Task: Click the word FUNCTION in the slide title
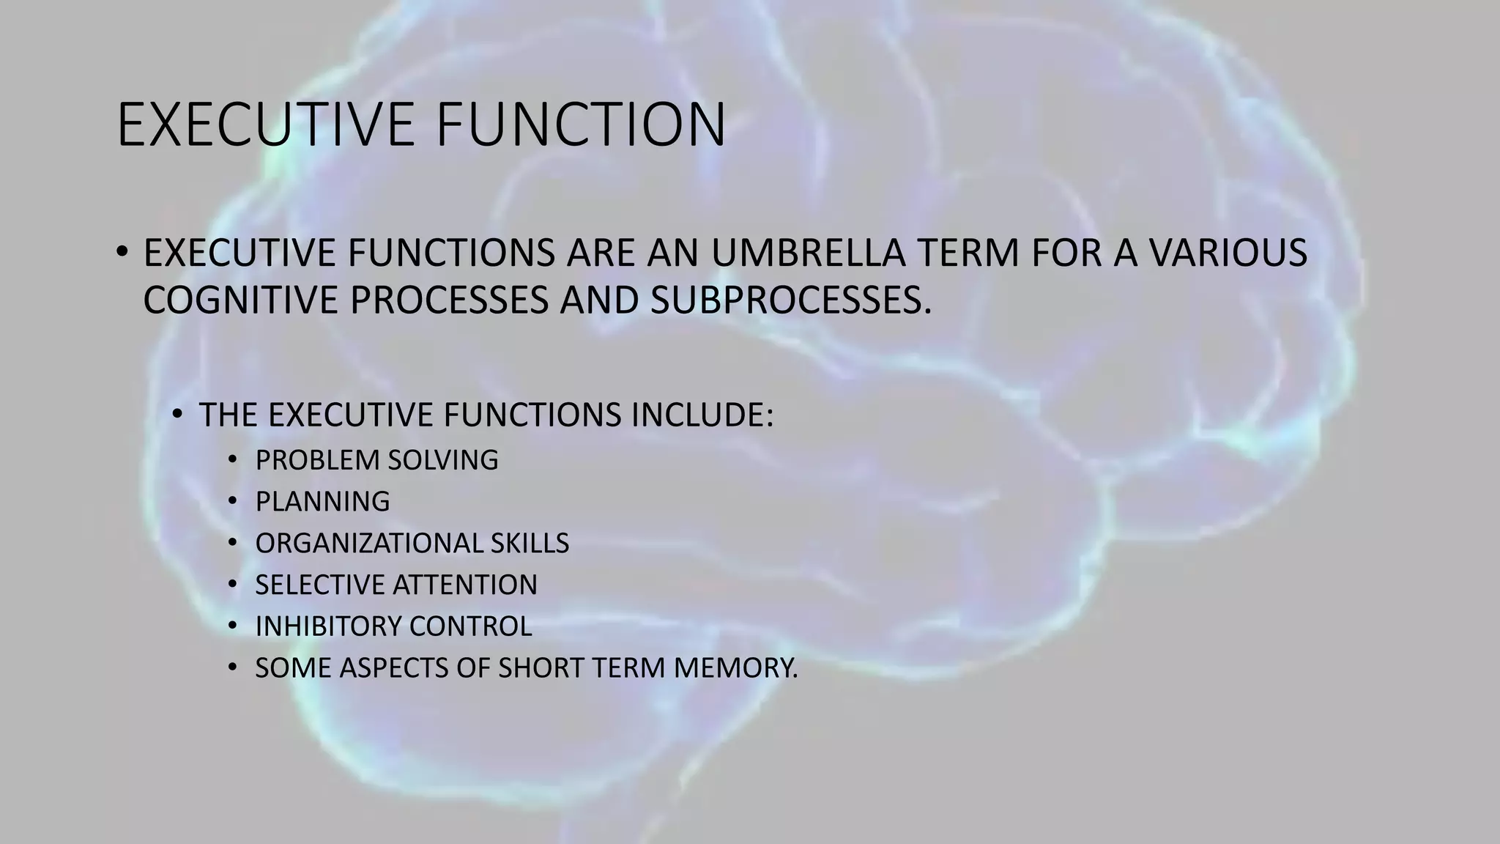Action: [x=580, y=125]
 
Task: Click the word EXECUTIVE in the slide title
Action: [x=267, y=125]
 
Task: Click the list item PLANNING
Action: [x=322, y=502]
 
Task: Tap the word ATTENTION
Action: [x=465, y=585]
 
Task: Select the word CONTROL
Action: [x=470, y=626]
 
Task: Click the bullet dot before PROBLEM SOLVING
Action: [x=232, y=460]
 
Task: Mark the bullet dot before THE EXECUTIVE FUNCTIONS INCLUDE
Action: [x=177, y=415]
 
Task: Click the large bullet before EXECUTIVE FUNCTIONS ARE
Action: [x=122, y=253]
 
